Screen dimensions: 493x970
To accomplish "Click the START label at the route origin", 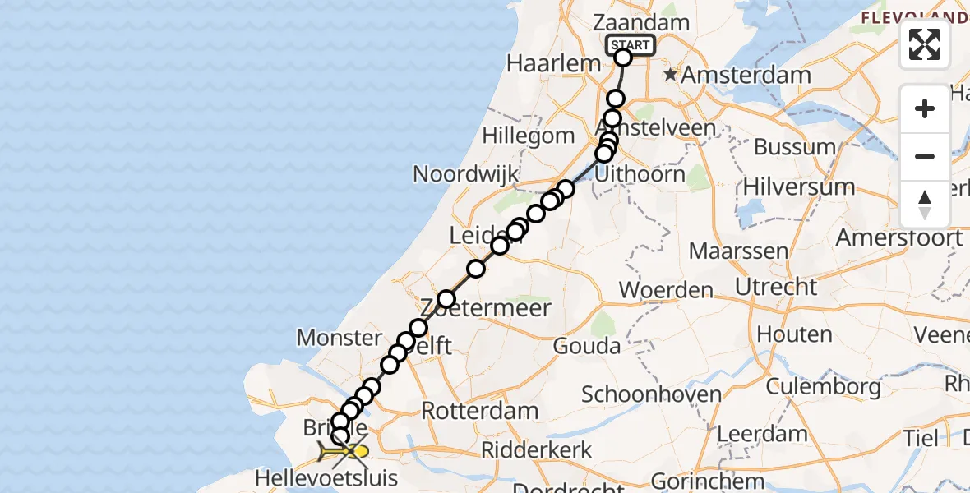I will (x=630, y=45).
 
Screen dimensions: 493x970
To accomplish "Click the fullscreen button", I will (x=925, y=44).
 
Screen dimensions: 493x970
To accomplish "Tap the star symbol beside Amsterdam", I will (x=671, y=75).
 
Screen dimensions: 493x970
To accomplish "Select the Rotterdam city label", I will (x=480, y=411).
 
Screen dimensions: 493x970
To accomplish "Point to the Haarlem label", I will (x=543, y=63).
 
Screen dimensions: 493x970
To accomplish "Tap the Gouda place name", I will (x=587, y=346).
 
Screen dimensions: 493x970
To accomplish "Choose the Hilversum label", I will (x=798, y=187).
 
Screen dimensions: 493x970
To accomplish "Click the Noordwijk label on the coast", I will (x=465, y=174).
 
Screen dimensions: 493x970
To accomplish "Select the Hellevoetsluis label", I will (x=326, y=478).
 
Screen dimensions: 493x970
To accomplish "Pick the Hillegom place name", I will (x=529, y=136).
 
